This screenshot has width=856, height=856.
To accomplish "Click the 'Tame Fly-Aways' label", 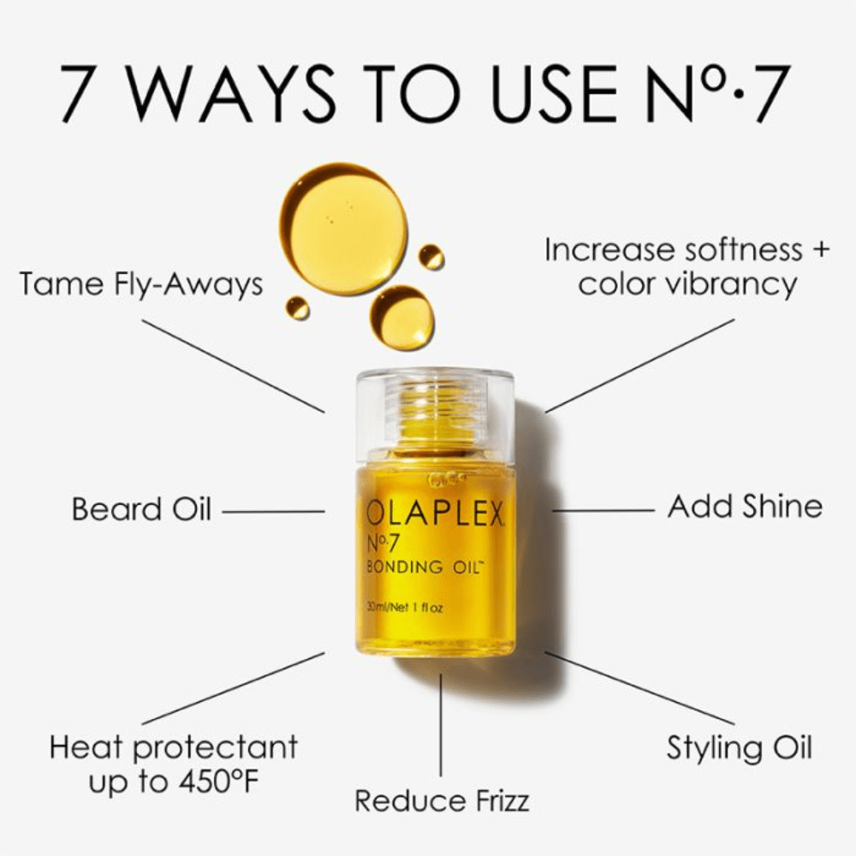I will (141, 284).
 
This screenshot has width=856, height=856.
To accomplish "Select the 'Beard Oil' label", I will (141, 509).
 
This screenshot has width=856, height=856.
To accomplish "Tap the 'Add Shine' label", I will (745, 506).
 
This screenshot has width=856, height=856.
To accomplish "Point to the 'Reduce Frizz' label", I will (442, 800).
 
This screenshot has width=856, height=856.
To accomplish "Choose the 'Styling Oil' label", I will (739, 747).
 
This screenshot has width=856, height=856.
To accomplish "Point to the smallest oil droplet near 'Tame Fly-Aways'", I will (298, 308).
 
